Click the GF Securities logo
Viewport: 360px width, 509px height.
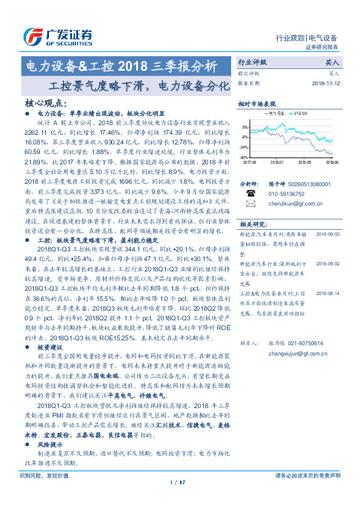point(57,37)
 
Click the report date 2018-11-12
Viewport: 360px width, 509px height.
point(326,83)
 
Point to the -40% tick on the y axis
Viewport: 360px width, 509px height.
point(244,157)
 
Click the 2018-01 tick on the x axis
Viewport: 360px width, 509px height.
point(278,162)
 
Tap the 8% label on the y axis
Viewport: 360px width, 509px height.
point(245,128)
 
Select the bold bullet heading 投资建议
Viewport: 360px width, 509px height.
point(50,349)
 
